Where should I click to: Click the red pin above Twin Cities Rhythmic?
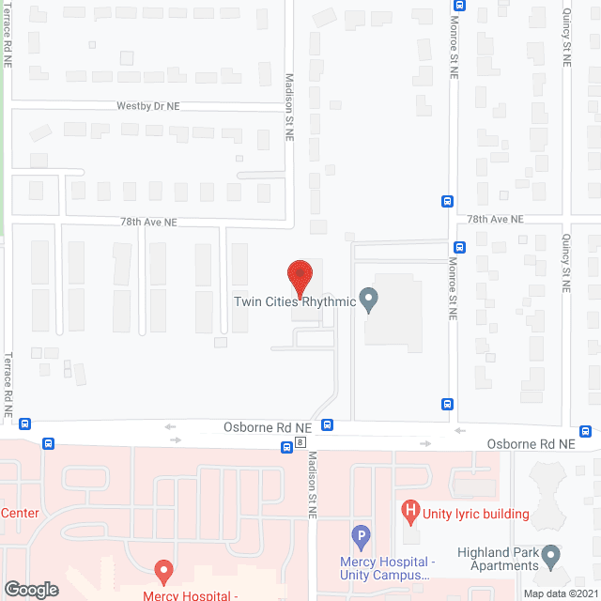tap(299, 278)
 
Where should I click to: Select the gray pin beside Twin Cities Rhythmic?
tap(368, 300)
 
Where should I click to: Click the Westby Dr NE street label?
tap(148, 107)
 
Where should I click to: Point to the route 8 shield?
tap(300, 442)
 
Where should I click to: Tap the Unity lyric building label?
tap(476, 514)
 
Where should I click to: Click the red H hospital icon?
tap(409, 513)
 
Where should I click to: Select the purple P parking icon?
tap(361, 537)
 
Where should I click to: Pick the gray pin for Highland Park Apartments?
tap(550, 557)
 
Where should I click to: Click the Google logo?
tap(31, 589)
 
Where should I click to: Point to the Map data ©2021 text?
tap(560, 593)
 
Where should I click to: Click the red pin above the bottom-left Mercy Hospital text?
tap(162, 571)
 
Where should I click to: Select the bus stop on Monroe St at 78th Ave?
tap(447, 201)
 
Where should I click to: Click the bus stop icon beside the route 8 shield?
tap(285, 447)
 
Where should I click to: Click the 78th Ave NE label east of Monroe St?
tap(496, 219)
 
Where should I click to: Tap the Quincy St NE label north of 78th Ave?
tap(566, 38)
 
